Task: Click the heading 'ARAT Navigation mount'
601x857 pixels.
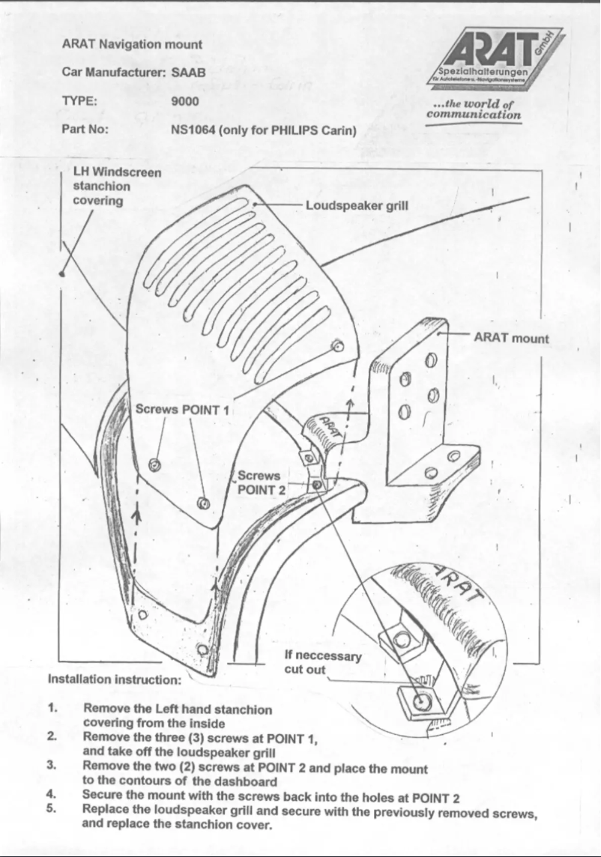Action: [132, 45]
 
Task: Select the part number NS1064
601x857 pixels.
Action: [194, 130]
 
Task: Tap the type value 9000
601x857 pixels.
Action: [184, 100]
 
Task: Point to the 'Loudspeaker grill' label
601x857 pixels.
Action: [357, 205]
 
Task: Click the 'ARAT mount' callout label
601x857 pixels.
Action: [511, 338]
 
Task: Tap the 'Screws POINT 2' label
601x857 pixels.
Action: [259, 482]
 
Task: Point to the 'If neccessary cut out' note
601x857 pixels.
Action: [323, 662]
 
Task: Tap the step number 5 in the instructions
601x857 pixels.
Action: [52, 810]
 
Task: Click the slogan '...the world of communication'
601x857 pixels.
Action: [473, 109]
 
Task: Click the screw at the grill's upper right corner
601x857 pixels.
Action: [338, 346]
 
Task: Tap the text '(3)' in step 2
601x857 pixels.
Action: [192, 738]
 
